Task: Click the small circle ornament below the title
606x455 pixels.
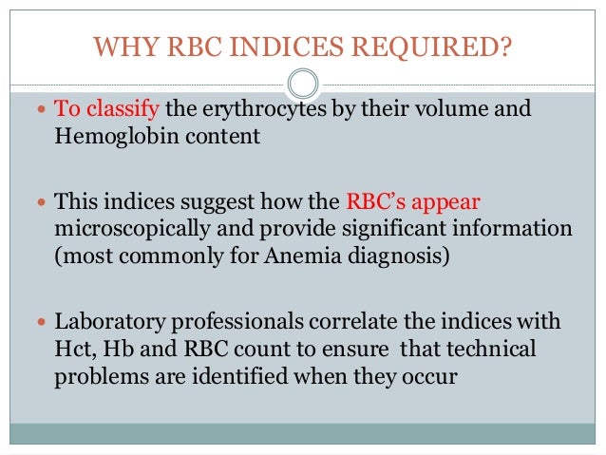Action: pos(302,84)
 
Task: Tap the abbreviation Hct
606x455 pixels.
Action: pos(71,348)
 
